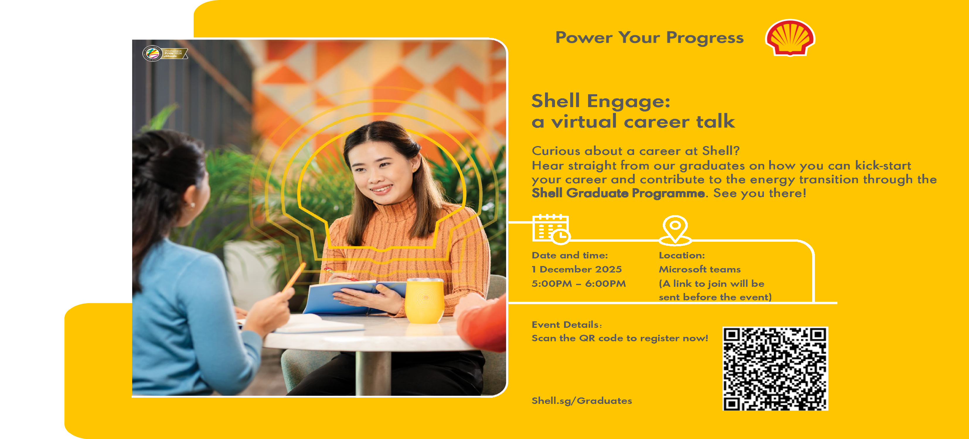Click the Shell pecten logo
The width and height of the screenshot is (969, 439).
[790, 37]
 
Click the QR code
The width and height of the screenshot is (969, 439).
[775, 369]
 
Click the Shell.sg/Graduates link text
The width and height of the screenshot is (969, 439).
[582, 401]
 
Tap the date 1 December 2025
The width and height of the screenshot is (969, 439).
[576, 269]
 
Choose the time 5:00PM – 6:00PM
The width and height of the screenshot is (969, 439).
[578, 283]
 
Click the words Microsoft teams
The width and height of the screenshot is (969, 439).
[699, 269]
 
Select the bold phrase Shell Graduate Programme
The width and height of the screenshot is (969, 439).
[618, 193]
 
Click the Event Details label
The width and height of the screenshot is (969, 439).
[566, 324]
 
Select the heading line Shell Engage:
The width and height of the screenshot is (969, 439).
[600, 101]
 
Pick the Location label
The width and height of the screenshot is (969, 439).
[682, 255]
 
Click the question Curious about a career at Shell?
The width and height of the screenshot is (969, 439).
[635, 151]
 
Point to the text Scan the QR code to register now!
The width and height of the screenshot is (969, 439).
[619, 338]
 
